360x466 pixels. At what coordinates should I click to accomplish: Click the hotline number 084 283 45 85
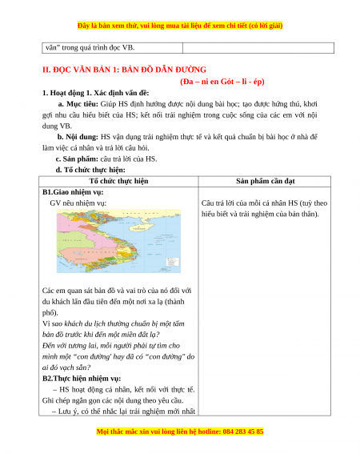(x=242, y=432)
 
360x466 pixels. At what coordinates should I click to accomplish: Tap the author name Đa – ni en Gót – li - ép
(x=222, y=82)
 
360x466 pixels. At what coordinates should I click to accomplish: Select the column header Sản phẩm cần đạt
(x=266, y=181)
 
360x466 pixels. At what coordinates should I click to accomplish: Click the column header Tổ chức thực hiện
(x=119, y=181)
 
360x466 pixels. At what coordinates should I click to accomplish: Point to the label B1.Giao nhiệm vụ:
(x=73, y=192)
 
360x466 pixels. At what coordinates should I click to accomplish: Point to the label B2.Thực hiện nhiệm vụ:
(x=82, y=379)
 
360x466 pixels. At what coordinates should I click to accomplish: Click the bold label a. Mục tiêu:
(x=78, y=104)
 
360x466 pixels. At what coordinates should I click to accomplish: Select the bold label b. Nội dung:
(x=78, y=137)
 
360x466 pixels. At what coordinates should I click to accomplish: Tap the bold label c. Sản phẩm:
(x=77, y=159)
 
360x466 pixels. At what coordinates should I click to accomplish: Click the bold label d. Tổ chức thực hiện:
(x=90, y=170)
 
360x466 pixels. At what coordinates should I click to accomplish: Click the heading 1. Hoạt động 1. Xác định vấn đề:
(x=96, y=93)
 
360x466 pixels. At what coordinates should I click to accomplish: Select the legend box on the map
(x=173, y=262)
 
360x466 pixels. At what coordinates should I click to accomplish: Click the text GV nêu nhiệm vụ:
(x=78, y=203)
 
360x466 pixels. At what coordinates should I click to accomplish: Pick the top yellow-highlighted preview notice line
(x=180, y=26)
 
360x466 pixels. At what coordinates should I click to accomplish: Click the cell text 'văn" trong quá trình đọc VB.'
(x=90, y=47)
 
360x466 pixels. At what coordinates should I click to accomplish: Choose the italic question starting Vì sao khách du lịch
(x=113, y=329)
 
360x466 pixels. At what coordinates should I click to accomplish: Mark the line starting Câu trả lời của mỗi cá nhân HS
(x=264, y=203)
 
